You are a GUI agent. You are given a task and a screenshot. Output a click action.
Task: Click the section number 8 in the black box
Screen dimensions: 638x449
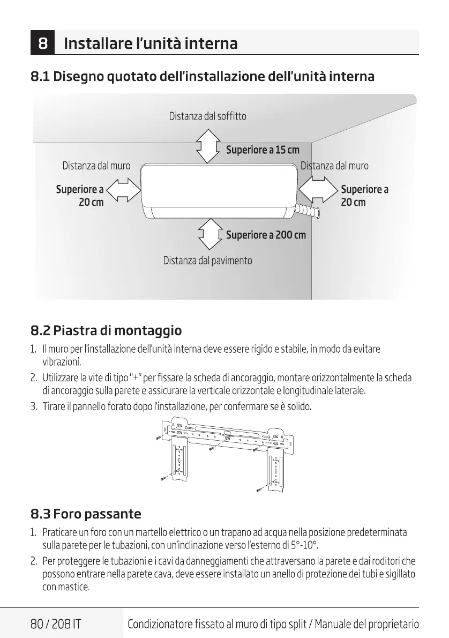pos(45,42)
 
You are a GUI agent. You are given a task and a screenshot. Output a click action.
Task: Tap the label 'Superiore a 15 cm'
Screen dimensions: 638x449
pos(263,150)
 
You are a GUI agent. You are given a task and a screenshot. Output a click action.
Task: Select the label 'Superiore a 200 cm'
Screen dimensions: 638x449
pos(266,235)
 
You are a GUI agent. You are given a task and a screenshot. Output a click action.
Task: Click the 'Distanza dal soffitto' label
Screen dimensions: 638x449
pos(207,116)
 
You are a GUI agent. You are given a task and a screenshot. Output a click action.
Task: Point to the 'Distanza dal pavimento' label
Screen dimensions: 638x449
pos(207,261)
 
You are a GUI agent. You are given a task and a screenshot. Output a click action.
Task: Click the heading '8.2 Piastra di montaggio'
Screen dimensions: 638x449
pos(106,330)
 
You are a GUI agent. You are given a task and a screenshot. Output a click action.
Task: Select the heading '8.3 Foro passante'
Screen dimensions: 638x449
pos(86,514)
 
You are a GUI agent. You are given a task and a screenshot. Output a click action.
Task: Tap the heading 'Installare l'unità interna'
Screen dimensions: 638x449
pos(151,43)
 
